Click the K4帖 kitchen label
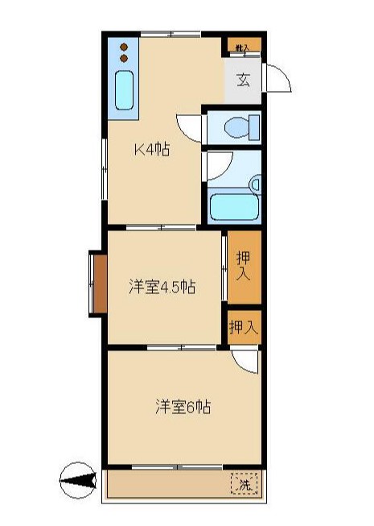[x=151, y=149]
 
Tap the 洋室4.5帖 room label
[x=162, y=287]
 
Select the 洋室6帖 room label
[x=183, y=407]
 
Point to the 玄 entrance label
[x=243, y=80]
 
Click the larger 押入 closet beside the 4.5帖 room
[x=243, y=265]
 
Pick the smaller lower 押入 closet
[x=243, y=327]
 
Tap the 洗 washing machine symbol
[x=245, y=485]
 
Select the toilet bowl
[x=238, y=127]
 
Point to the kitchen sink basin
[x=124, y=90]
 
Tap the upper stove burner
[x=124, y=47]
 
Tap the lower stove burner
[x=124, y=58]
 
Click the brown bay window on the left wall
[x=97, y=284]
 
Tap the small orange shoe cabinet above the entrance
[x=243, y=46]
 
